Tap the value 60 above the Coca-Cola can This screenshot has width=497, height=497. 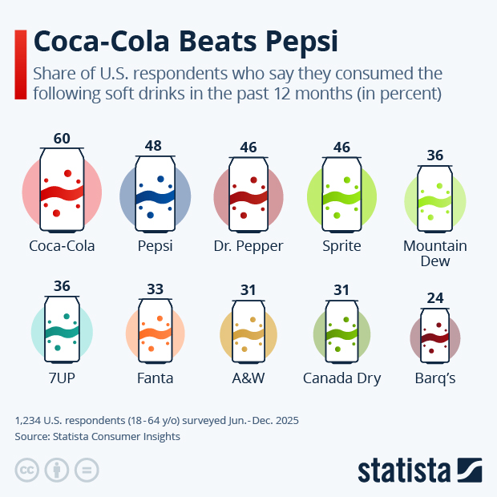coord(62,139)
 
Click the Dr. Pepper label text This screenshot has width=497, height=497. coord(248,246)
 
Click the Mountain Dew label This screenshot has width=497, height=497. coord(435,253)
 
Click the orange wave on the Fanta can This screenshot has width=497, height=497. coord(155,333)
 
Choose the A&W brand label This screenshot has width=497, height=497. coord(248,378)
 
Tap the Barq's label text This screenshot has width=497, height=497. coord(435,378)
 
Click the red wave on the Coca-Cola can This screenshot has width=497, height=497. coord(62,192)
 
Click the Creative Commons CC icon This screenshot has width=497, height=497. coord(26,470)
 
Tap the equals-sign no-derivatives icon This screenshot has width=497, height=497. coord(87,470)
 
